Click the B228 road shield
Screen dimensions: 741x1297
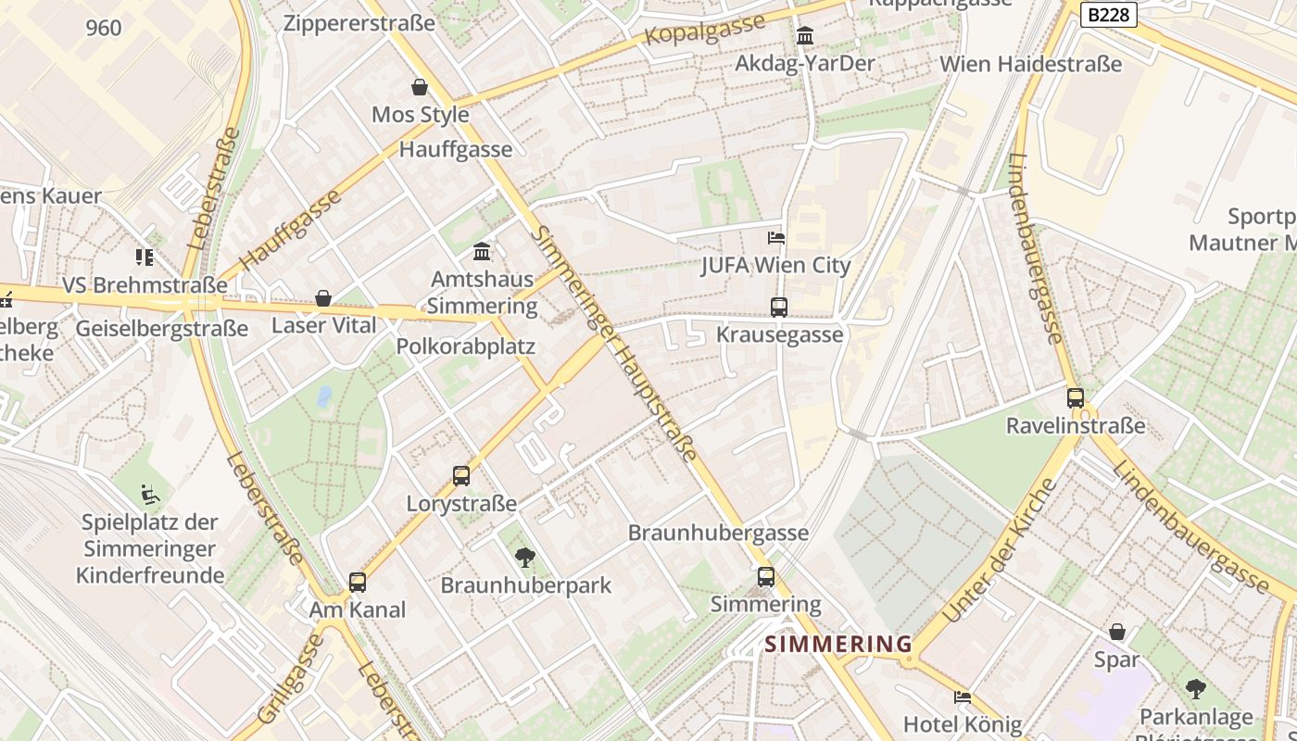(x=1109, y=15)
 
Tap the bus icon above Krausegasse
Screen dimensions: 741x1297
(x=779, y=307)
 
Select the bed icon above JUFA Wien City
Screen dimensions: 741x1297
(x=776, y=238)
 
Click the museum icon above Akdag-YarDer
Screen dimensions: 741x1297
(x=805, y=36)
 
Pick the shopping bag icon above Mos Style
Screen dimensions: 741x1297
(x=420, y=87)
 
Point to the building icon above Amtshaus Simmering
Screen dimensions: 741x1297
(x=482, y=251)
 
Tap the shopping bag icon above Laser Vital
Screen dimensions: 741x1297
(x=323, y=298)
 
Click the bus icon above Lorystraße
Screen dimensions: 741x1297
(x=461, y=476)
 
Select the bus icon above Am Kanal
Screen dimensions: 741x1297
(x=358, y=583)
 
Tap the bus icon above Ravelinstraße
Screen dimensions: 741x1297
(x=1076, y=398)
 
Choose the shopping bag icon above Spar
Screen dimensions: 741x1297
(x=1117, y=632)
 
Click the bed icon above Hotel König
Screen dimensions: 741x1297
(x=963, y=697)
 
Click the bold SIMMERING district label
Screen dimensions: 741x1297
(x=838, y=644)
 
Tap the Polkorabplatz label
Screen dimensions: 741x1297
(x=466, y=346)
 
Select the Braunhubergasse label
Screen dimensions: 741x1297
(x=718, y=533)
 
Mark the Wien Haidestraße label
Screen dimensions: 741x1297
(x=1030, y=64)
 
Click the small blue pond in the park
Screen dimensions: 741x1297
(x=323, y=397)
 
